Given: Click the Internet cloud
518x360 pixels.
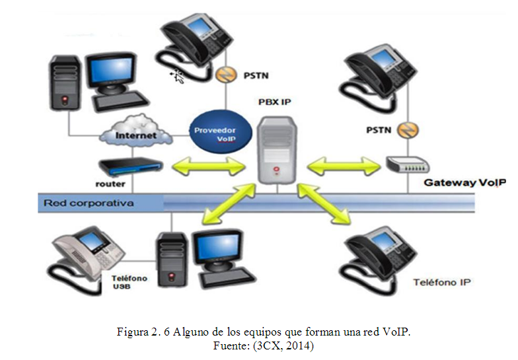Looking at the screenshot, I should pos(136,133).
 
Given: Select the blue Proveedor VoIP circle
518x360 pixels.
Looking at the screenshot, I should pos(219,130).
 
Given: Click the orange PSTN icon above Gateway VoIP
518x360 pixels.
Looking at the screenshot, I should pos(409,129).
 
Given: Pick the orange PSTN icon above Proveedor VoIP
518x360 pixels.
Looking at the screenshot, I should pos(225,74).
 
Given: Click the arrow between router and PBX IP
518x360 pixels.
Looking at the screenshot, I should pos(209,168).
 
